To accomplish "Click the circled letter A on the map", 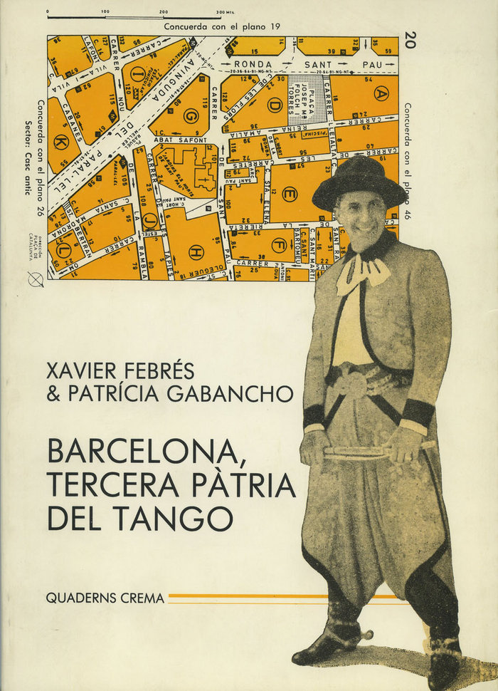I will (381, 93).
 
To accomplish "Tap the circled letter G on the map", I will (191, 115).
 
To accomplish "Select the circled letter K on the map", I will (61, 142).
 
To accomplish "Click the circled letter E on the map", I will (289, 194).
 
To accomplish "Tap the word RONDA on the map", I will (254, 63).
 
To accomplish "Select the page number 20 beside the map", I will (408, 40).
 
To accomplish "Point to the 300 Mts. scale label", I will (226, 12).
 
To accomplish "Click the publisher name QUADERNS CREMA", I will (105, 598).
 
